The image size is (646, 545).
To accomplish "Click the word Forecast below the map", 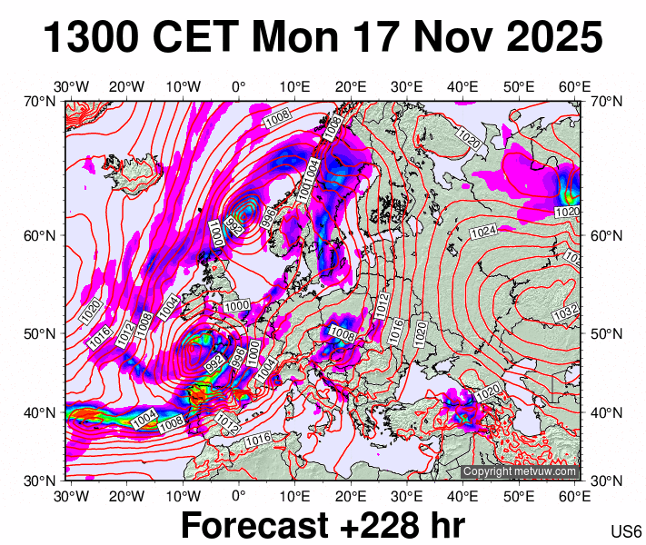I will (x=253, y=525).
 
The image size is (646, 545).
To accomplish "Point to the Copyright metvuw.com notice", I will (x=519, y=472).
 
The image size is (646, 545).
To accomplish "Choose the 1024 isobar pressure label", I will (x=483, y=232).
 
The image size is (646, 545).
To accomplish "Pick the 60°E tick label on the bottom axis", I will (x=575, y=496).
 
